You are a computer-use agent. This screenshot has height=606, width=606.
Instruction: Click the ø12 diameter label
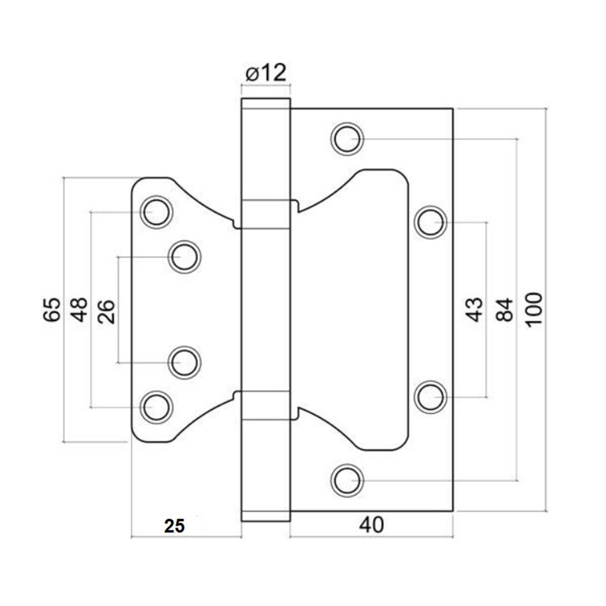pyautogui.click(x=266, y=73)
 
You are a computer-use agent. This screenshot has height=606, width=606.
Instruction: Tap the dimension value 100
pyautogui.click(x=535, y=310)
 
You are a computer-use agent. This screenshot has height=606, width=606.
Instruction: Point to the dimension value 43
pyautogui.click(x=474, y=310)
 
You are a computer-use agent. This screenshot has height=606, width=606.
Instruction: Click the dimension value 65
pyautogui.click(x=52, y=310)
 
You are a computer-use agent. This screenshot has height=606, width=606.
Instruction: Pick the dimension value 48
pyautogui.click(x=79, y=310)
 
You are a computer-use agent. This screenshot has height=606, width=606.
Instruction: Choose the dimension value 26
pyautogui.click(x=106, y=311)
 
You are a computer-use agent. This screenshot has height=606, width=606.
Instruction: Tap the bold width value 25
pyautogui.click(x=175, y=526)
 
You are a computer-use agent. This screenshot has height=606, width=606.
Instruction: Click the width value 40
pyautogui.click(x=371, y=525)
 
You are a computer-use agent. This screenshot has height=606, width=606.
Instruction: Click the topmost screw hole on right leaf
pyautogui.click(x=347, y=139)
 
